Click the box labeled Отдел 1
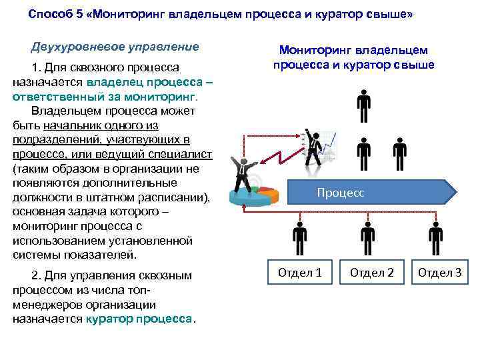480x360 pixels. tap(299, 272)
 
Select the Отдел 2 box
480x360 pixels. tap(371, 272)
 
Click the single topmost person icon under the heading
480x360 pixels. tap(363, 106)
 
